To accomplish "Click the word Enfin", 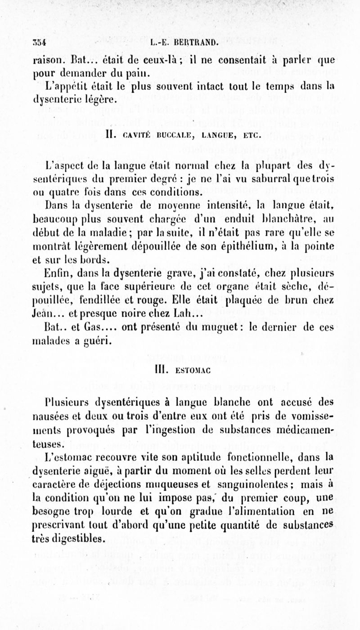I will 54,271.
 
